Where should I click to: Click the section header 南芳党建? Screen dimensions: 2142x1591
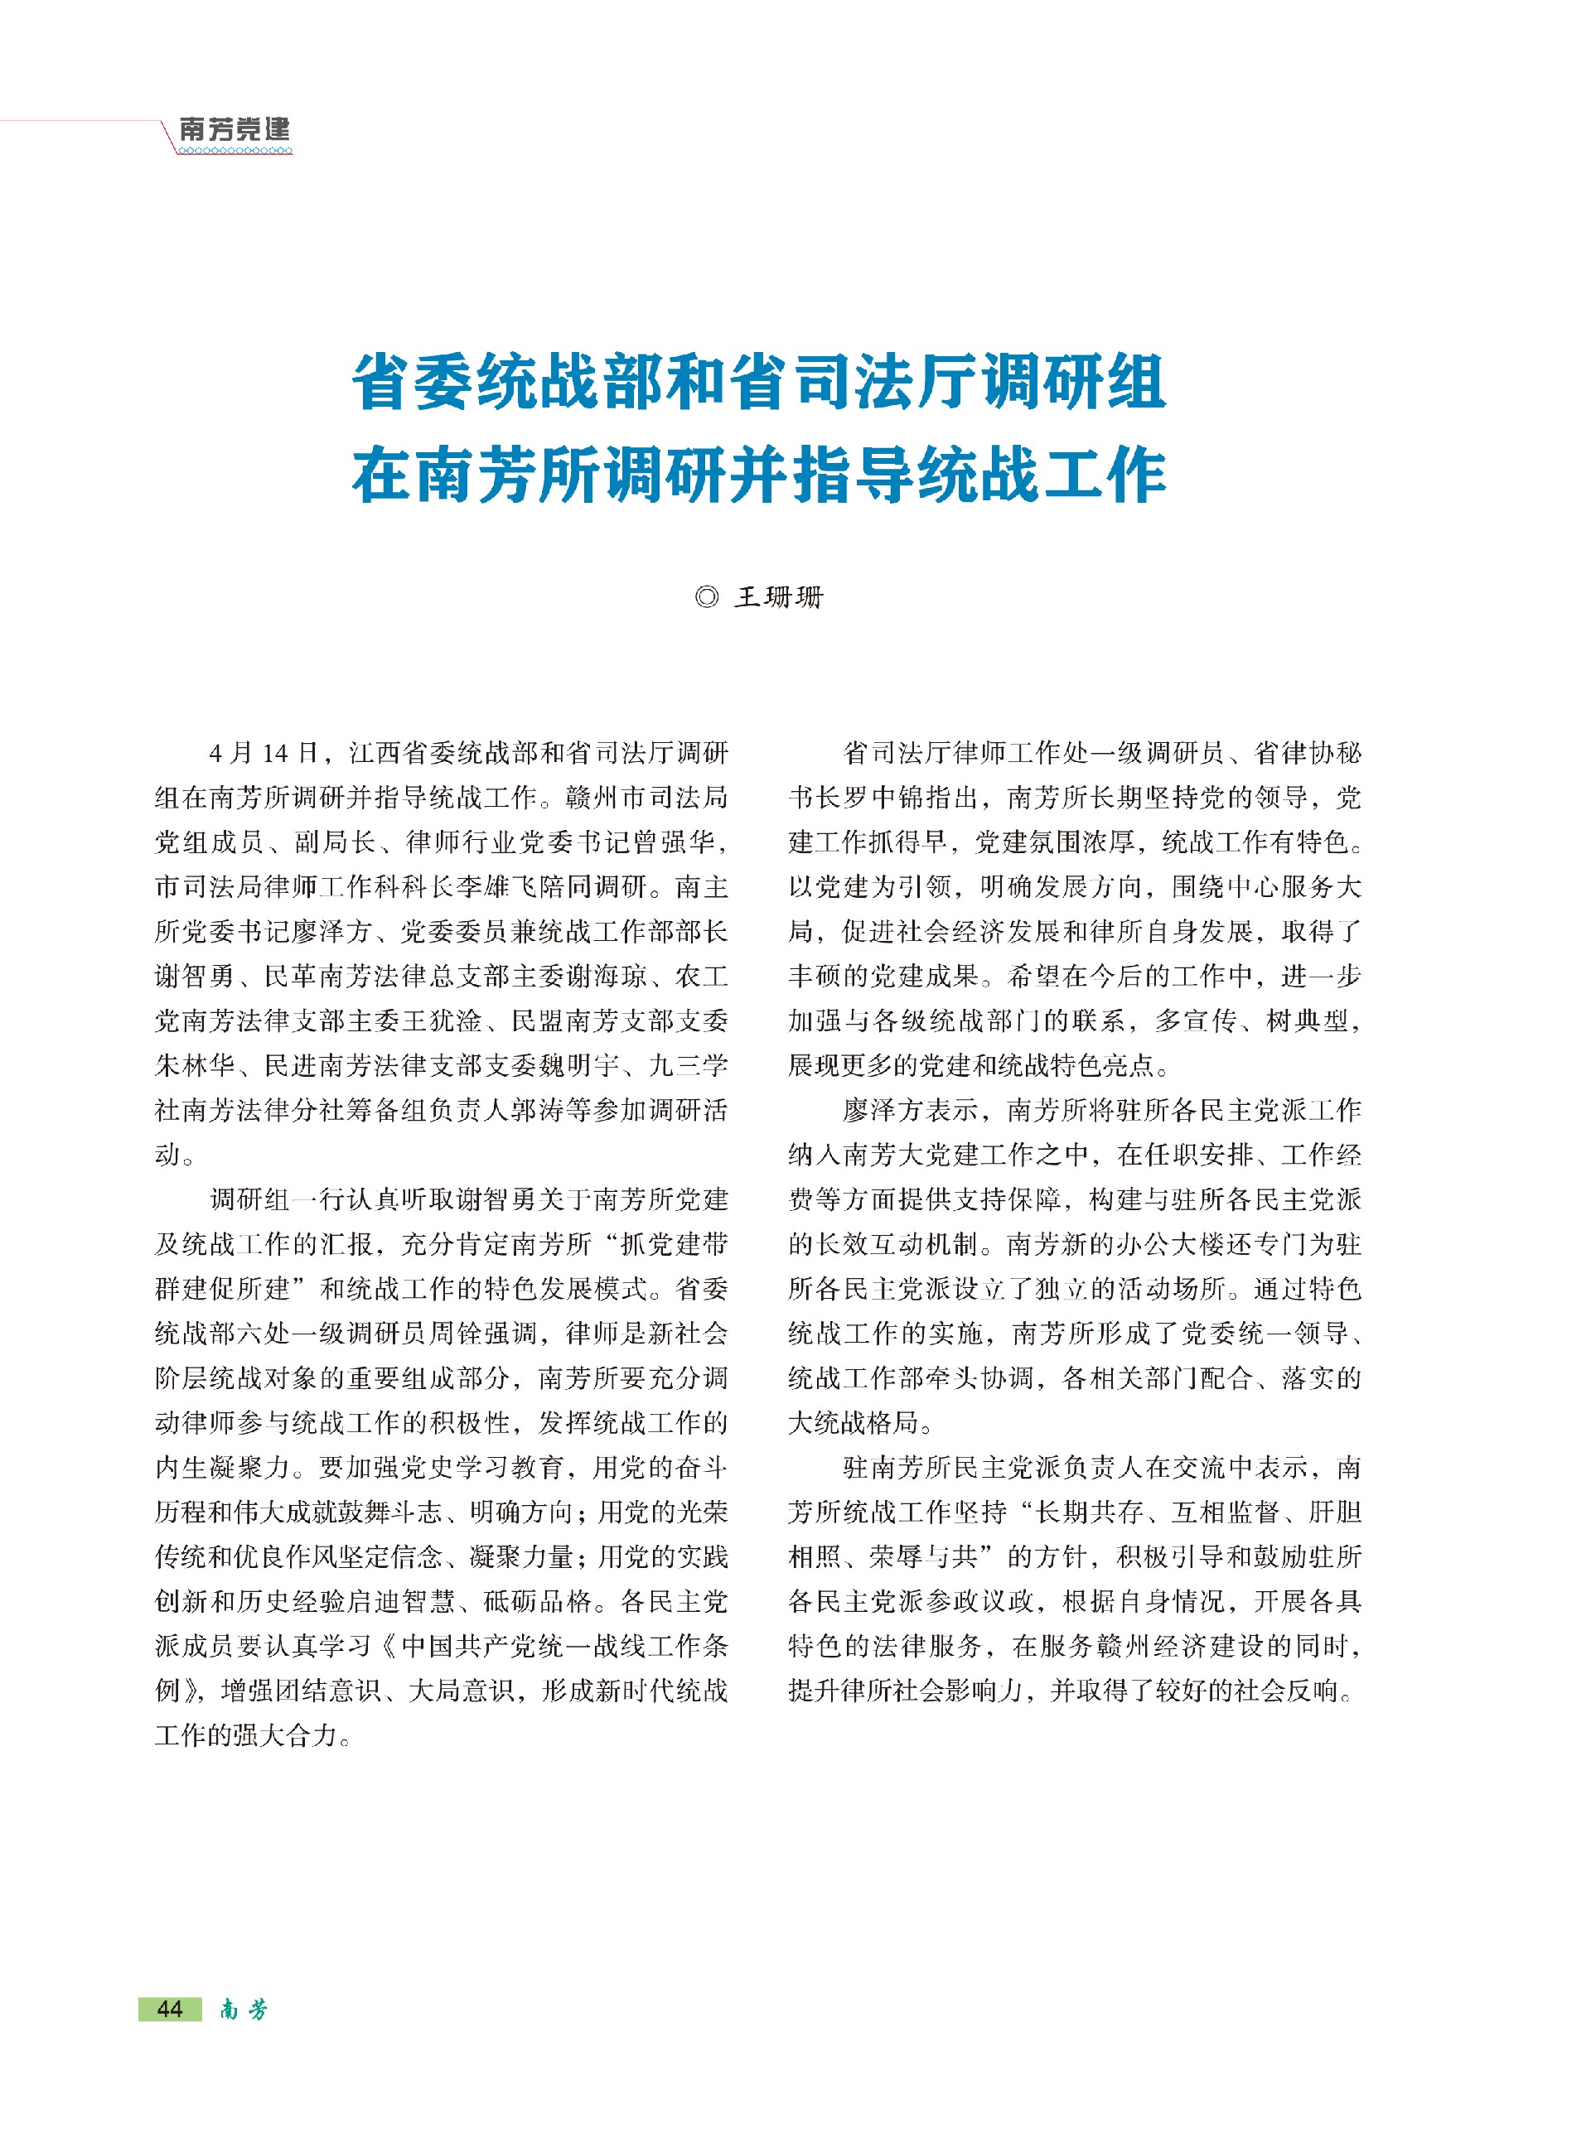234,129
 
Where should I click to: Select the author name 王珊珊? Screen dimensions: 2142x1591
779,598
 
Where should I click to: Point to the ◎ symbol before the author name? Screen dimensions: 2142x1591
706,598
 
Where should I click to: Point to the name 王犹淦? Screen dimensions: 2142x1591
456,1020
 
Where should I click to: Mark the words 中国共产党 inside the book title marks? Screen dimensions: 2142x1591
455,1646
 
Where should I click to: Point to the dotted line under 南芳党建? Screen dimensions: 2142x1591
234,151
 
